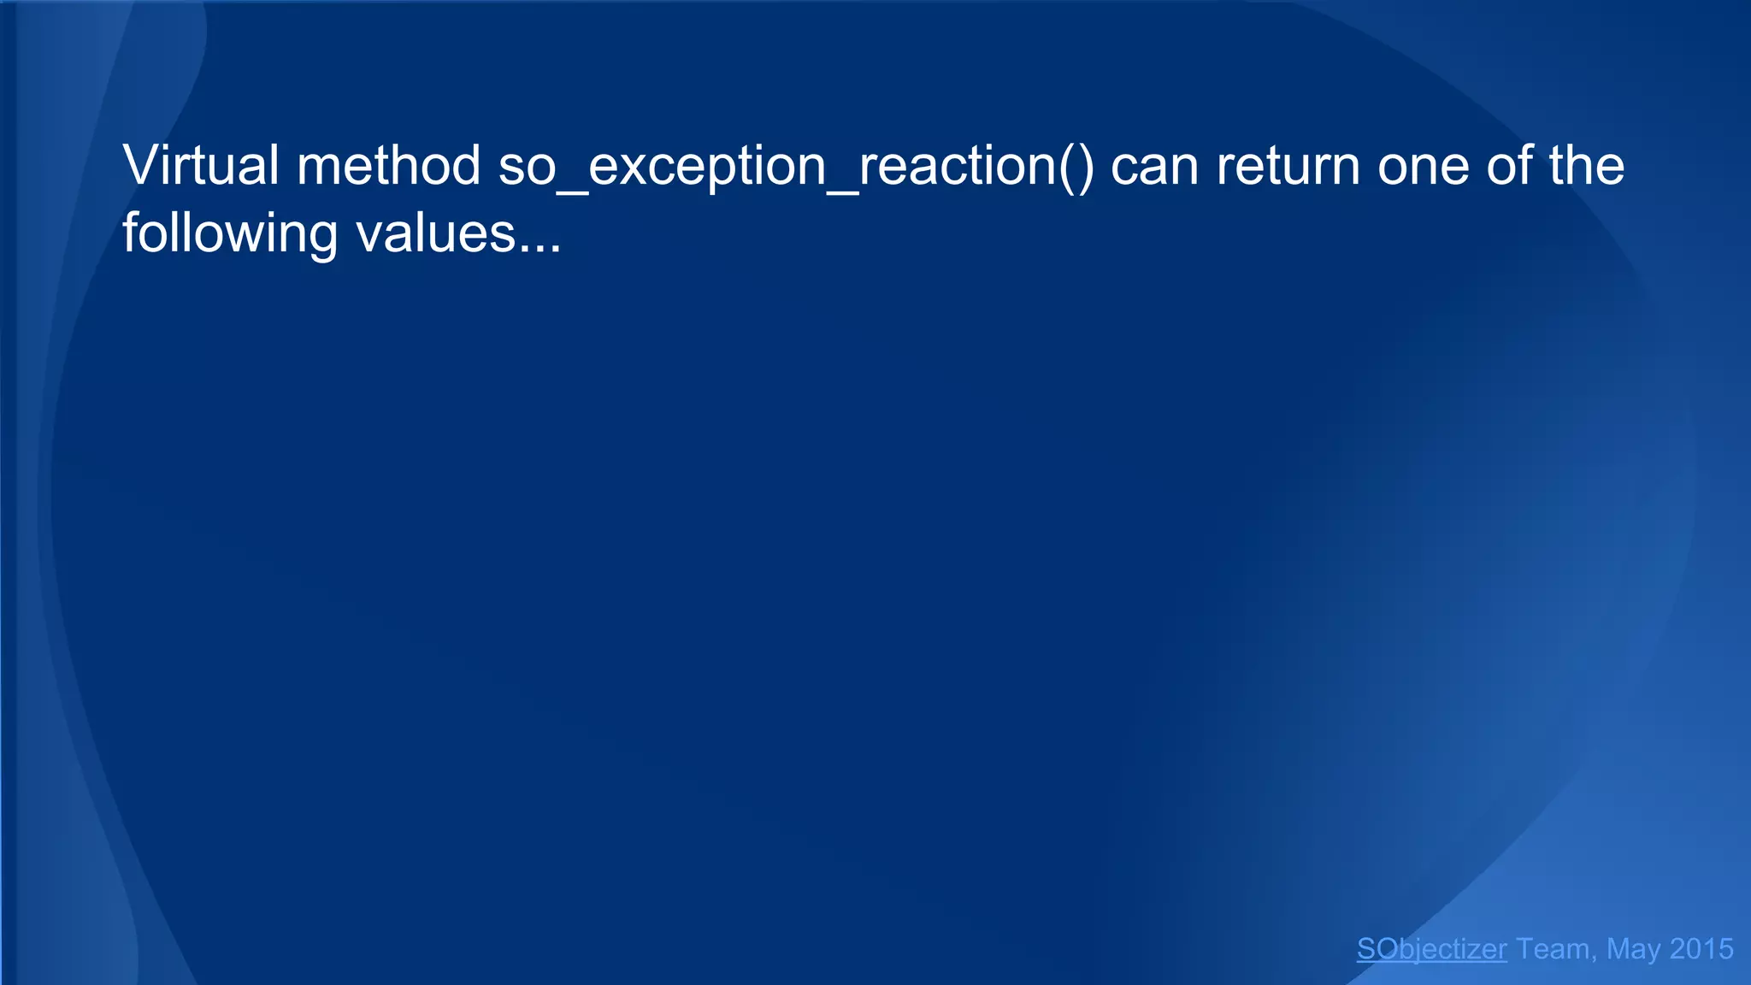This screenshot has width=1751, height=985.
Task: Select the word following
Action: pyautogui.click(x=230, y=233)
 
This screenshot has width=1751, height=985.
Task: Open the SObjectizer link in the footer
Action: pyautogui.click(x=1431, y=949)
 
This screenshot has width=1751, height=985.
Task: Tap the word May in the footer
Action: pyautogui.click(x=1633, y=949)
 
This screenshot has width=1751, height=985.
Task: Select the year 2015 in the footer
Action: pyautogui.click(x=1701, y=949)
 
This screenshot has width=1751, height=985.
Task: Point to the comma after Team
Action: pyautogui.click(x=1594, y=958)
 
